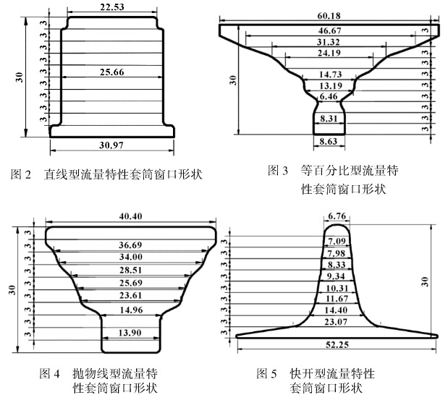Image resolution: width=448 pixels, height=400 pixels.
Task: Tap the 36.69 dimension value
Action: (131, 245)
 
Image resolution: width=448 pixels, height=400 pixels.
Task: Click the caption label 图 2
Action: (23, 174)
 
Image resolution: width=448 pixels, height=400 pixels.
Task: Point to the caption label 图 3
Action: (278, 171)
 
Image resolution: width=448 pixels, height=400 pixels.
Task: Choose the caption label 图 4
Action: (51, 374)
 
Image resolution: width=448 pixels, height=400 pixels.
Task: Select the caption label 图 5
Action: (267, 374)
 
